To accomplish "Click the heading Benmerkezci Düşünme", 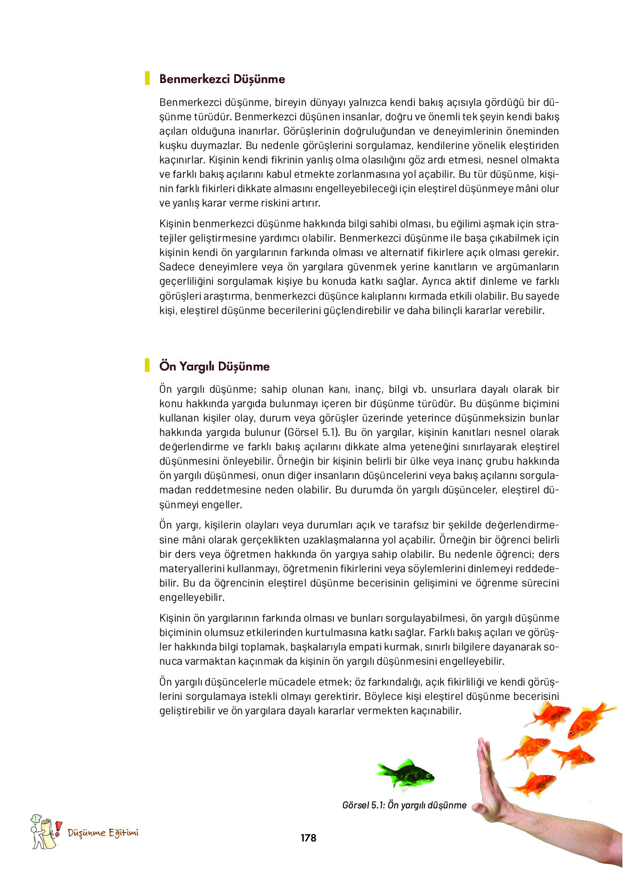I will tap(222, 79).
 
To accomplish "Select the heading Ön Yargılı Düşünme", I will tap(214, 366).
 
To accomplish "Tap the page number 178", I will tap(308, 838).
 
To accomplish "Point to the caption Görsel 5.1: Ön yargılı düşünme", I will tap(404, 805).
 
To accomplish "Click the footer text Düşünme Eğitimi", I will tap(103, 833).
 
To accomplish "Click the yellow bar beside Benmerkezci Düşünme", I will tap(147, 79).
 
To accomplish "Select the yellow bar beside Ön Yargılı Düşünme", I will tap(147, 366).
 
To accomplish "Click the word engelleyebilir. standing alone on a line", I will tap(192, 597).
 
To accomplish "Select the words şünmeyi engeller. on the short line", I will tap(200, 505).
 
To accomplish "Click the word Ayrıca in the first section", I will tap(436, 282).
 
